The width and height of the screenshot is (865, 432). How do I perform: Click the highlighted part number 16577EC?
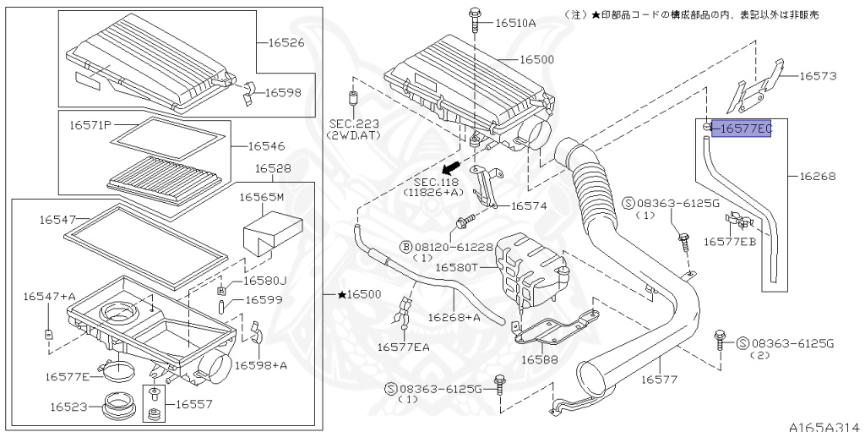tap(740, 129)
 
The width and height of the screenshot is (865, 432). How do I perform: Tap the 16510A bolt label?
tap(515, 23)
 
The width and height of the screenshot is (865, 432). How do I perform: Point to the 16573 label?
tap(818, 76)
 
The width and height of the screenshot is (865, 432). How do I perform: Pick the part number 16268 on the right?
tap(818, 177)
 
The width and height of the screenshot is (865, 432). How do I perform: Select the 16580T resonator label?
tap(457, 267)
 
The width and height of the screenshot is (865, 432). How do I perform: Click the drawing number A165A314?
tap(824, 425)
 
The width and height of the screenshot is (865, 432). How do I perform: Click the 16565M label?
tap(261, 197)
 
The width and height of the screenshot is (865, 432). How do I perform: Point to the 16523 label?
tap(68, 407)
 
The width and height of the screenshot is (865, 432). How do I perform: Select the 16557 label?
tap(195, 405)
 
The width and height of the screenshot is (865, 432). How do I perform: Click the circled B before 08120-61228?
tap(406, 247)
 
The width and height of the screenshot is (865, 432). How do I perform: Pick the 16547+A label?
tap(49, 296)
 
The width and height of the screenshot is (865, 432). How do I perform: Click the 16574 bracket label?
tap(529, 205)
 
